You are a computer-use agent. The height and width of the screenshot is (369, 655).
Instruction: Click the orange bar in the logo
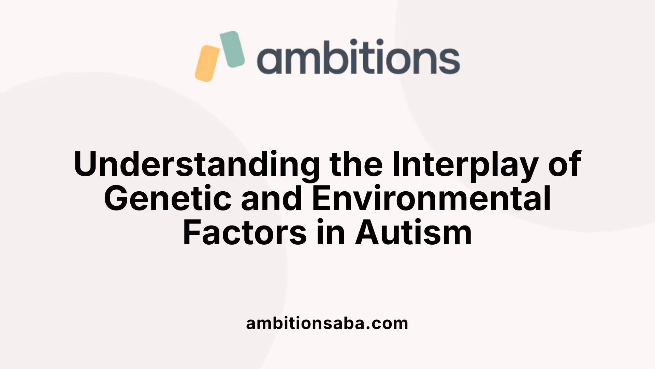click(x=207, y=64)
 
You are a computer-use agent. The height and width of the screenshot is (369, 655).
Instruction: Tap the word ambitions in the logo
click(x=358, y=57)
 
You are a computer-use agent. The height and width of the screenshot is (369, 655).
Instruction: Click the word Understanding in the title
click(x=196, y=165)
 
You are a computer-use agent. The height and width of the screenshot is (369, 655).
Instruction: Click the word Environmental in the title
click(x=431, y=199)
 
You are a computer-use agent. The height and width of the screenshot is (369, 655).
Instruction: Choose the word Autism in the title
click(x=413, y=233)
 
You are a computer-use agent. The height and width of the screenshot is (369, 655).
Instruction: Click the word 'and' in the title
click(x=272, y=199)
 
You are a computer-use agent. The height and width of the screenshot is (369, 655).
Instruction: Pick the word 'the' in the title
click(x=356, y=165)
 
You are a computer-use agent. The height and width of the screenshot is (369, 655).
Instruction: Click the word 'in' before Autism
click(x=330, y=233)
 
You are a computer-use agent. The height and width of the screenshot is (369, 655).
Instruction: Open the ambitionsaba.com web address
click(x=327, y=323)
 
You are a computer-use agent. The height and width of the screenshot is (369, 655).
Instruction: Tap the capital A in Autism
click(x=366, y=233)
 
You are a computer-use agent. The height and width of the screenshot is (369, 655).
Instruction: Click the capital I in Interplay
click(x=396, y=165)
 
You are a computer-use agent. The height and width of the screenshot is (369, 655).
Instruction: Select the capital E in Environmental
click(x=321, y=199)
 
